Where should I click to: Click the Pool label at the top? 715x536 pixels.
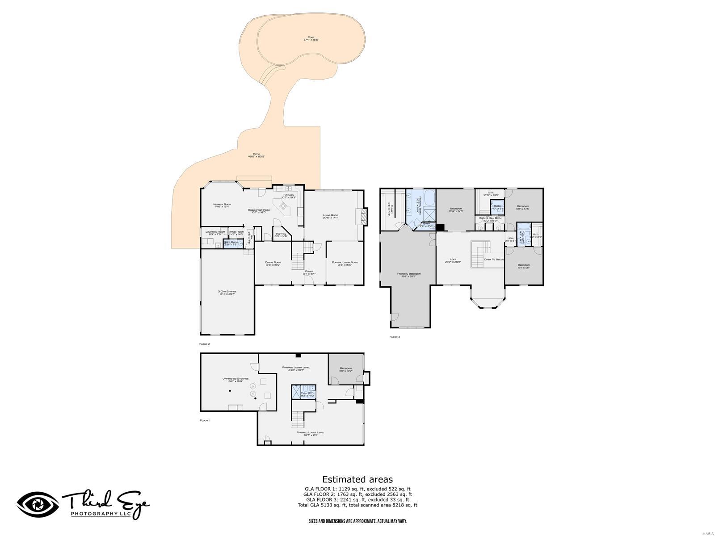point(311,38)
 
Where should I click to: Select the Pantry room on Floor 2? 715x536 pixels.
point(281,235)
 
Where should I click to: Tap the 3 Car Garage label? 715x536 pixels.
point(227,293)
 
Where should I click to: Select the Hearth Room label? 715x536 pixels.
point(222,205)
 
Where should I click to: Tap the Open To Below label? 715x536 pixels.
point(494,259)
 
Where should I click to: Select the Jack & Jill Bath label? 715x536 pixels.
point(489,219)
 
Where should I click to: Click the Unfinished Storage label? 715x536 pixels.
point(235,380)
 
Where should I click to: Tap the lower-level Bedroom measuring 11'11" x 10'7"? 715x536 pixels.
point(346,369)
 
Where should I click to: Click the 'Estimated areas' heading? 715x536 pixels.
point(357,480)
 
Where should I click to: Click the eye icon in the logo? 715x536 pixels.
point(38,506)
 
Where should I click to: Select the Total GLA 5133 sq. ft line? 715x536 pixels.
point(357,505)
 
